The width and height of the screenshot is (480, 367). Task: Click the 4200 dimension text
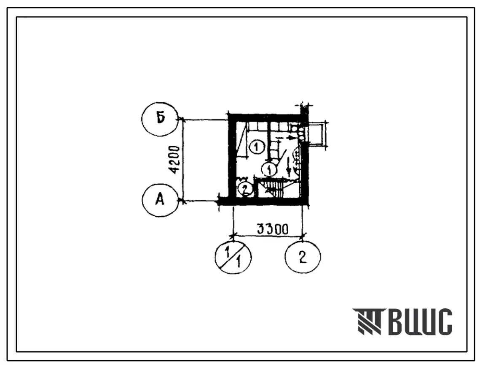175,160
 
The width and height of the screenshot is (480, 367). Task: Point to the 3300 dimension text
272,229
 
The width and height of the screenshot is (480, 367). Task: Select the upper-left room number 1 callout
256,147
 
